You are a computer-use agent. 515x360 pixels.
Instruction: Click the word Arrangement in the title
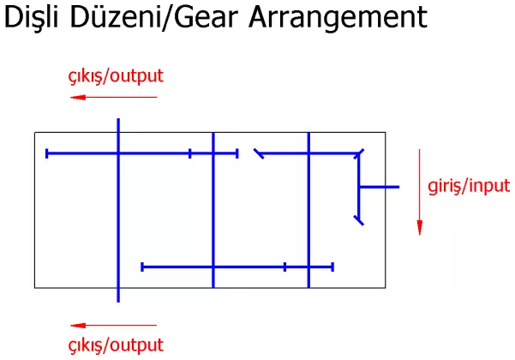338,17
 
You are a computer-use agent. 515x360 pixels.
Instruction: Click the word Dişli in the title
31,17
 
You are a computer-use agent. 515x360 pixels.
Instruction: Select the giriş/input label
469,186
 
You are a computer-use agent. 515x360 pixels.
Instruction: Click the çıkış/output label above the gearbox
116,76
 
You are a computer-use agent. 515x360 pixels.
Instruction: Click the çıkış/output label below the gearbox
116,345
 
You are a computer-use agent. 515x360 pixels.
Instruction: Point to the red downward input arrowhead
419,227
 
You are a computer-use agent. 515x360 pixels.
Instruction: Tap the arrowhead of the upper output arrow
78,97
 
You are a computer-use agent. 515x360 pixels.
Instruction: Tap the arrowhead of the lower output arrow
78,326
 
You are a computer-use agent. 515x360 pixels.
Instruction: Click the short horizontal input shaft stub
380,187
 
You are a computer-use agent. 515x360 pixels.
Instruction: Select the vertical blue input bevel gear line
359,187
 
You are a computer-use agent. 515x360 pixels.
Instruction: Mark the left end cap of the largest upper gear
47,153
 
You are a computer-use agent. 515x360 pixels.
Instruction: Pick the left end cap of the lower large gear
142,267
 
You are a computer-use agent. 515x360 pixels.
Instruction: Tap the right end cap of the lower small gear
332,267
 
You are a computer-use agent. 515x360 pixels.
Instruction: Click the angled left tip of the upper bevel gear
259,153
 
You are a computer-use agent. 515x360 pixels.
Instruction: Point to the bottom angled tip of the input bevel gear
359,220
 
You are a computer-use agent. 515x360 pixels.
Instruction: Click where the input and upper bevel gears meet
359,153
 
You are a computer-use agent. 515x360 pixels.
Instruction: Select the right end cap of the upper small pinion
237,153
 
